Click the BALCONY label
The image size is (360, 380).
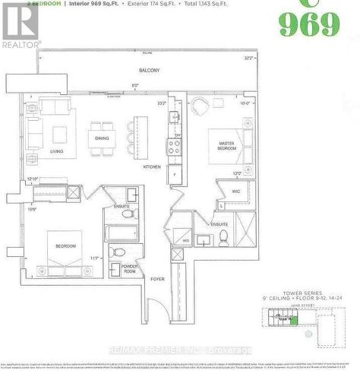tap(150, 71)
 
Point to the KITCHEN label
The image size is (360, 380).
tap(152, 166)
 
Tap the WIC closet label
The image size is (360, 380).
tap(236, 191)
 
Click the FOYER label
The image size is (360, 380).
tap(156, 279)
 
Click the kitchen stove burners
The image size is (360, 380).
tap(174, 147)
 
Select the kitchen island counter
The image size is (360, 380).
tap(139, 138)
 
